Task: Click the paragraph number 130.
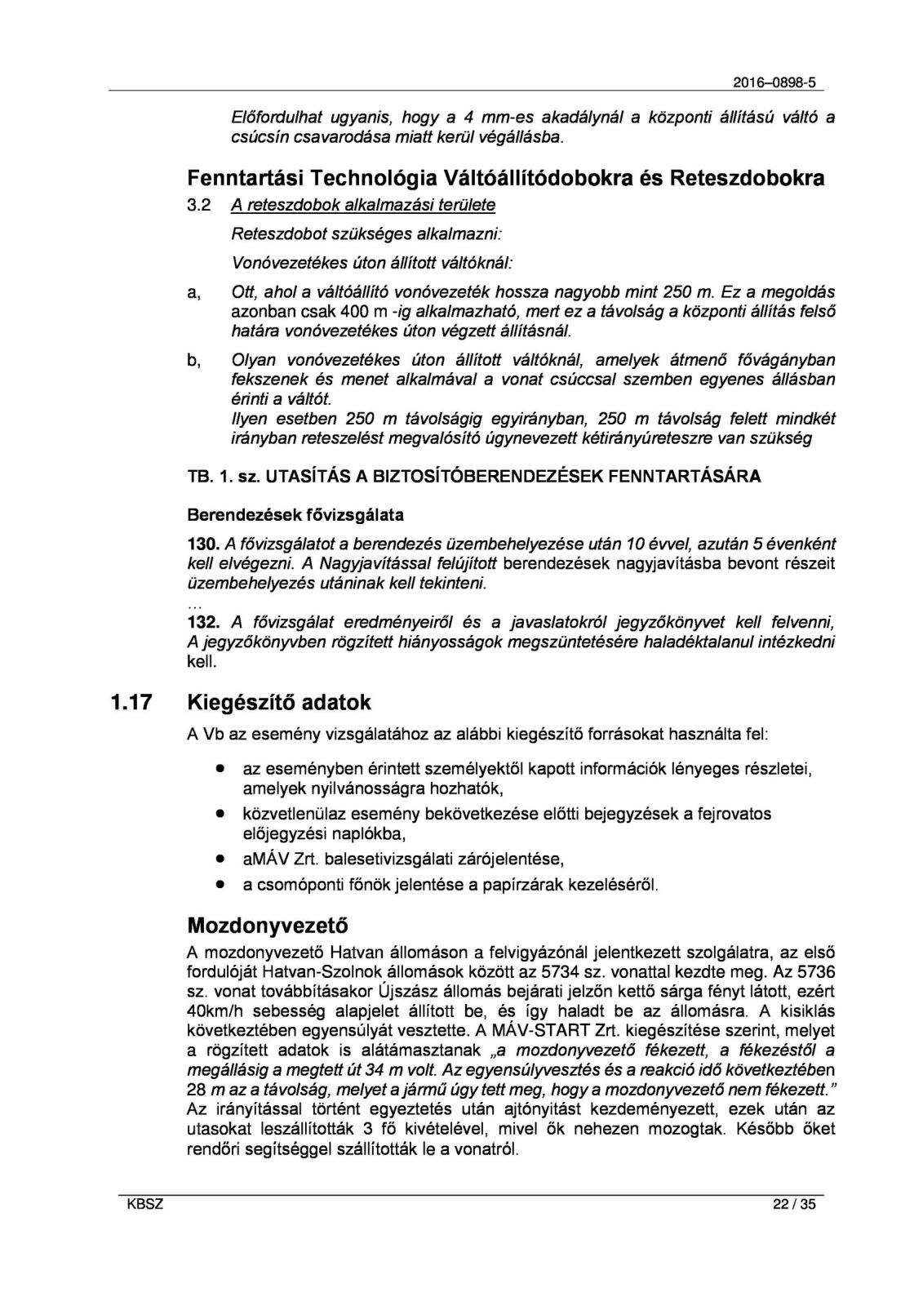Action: click(203, 544)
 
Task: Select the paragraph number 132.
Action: click(203, 623)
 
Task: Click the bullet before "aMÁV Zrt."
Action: click(220, 859)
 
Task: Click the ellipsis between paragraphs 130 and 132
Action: click(194, 606)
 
